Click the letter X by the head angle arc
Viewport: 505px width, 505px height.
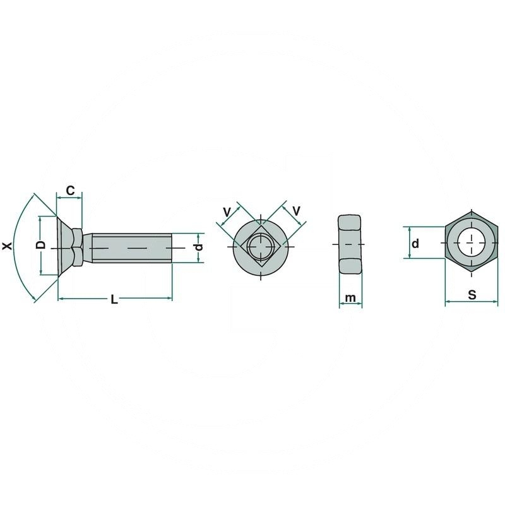click(8, 246)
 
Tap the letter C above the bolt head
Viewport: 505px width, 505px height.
click(71, 190)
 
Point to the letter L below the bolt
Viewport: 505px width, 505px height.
click(114, 300)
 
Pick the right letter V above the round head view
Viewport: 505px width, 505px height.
click(295, 210)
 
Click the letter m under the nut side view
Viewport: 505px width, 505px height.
click(351, 297)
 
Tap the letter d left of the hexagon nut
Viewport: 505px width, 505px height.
click(415, 244)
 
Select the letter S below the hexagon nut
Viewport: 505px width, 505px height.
click(472, 294)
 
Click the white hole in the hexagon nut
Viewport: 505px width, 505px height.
click(471, 242)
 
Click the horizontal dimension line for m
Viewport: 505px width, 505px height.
click(351, 306)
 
